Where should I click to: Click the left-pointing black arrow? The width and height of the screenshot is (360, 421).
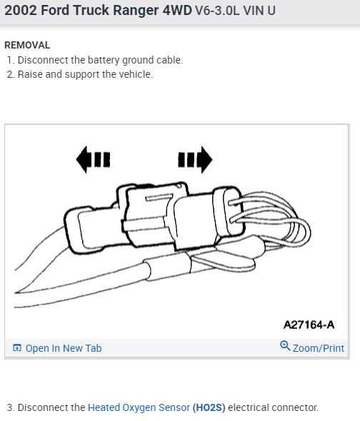[93, 160]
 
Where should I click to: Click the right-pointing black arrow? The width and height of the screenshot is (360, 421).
[195, 160]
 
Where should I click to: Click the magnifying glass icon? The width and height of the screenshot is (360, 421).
[285, 346]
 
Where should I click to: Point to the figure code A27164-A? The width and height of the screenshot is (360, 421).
[309, 325]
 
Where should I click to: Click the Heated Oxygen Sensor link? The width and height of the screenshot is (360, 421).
[139, 407]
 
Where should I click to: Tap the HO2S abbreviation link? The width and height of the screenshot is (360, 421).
[209, 407]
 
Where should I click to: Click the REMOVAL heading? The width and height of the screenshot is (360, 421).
[27, 45]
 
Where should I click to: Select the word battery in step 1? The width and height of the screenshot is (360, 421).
[104, 60]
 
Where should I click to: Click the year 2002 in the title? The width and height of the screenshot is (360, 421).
[21, 11]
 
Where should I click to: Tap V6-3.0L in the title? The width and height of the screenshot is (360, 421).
[217, 11]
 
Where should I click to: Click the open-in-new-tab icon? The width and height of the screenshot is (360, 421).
[17, 348]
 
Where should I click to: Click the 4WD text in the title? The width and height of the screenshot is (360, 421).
[177, 11]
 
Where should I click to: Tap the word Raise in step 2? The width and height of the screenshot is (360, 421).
[30, 74]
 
